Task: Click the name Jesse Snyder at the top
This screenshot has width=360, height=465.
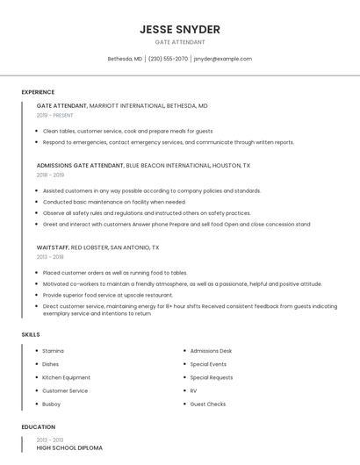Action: coord(180,29)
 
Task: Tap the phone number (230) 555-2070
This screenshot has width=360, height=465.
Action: coord(168,59)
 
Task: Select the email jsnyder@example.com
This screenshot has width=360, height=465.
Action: coord(223,59)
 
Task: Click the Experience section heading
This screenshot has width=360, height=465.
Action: coord(38,92)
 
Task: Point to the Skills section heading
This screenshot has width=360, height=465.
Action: coord(31,334)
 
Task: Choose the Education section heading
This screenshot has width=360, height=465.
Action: coord(37,426)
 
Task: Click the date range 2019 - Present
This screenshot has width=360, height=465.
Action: coord(54,115)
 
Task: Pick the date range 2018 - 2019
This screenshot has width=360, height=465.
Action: coord(50,175)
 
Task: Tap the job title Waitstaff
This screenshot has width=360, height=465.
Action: coord(52,247)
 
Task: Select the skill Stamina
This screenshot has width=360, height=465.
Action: coord(53,351)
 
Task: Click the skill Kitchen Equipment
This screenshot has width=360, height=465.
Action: coord(66,377)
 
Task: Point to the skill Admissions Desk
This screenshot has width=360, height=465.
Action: coord(211,351)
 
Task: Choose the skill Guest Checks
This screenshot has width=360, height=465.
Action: coord(208,404)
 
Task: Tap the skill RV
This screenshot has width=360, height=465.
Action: coord(193,390)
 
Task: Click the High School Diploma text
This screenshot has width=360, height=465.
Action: coord(69,447)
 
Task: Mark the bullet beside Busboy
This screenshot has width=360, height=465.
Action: coord(36,404)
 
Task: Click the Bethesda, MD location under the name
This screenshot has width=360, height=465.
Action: coord(125,59)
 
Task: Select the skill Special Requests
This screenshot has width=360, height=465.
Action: coord(212,377)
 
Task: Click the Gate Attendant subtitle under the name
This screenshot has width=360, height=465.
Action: coord(180,42)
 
